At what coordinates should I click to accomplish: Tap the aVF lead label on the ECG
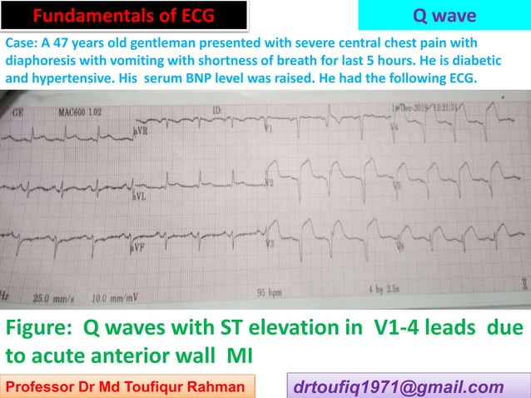coord(140,247)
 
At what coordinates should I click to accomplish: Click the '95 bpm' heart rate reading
coord(270,292)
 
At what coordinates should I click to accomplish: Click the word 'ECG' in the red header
coord(204,16)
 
